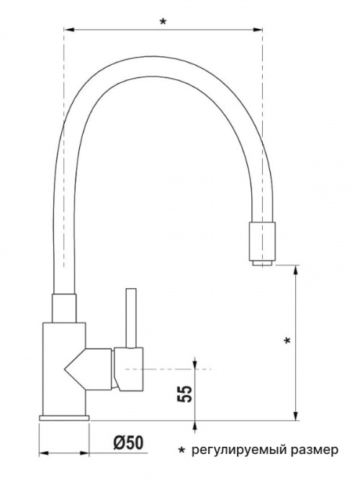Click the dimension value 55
(184, 393)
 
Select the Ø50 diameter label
(128, 442)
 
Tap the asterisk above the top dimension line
(163, 22)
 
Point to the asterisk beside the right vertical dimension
(287, 340)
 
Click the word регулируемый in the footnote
(237, 450)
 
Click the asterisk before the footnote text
(181, 450)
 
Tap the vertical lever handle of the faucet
(131, 318)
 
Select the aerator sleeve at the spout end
(262, 241)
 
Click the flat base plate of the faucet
(64, 418)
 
